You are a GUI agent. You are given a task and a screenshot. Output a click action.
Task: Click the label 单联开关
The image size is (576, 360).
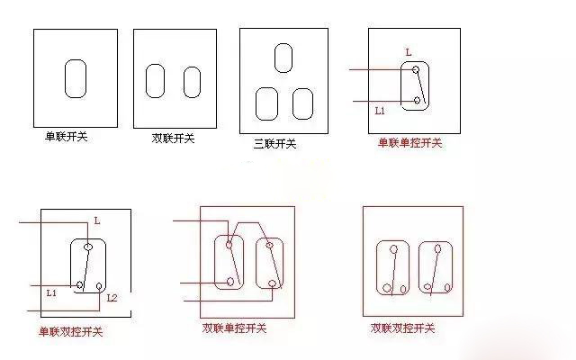tap(67, 138)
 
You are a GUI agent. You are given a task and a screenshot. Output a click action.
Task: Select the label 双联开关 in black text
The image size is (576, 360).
tap(173, 139)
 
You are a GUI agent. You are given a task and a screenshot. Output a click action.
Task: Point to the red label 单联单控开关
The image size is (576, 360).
tap(409, 143)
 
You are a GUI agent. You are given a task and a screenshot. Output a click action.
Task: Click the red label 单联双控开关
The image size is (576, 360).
tap(70, 332)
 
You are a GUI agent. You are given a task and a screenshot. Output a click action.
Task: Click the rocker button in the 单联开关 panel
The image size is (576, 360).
tap(75, 79)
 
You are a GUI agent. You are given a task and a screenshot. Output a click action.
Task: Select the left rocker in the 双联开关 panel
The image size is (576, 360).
tap(157, 81)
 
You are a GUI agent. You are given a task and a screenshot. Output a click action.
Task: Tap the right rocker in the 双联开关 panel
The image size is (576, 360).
tap(192, 82)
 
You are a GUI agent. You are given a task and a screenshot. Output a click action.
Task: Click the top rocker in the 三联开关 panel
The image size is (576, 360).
tap(283, 57)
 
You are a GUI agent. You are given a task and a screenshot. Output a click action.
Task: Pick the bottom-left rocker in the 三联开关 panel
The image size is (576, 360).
tap(267, 103)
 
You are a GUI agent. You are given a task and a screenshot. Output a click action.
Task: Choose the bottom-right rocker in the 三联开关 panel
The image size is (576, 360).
tap(303, 103)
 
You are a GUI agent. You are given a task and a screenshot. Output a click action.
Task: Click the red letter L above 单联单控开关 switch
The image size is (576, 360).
tap(408, 53)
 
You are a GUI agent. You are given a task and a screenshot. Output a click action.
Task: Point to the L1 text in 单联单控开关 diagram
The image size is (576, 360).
tap(380, 112)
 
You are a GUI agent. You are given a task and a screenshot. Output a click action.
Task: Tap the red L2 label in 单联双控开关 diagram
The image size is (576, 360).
tap(112, 297)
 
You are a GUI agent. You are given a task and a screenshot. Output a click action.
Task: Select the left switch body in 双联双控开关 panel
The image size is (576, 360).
tap(393, 267)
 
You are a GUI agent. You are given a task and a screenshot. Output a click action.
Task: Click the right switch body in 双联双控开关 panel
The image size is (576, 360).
tap(436, 267)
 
